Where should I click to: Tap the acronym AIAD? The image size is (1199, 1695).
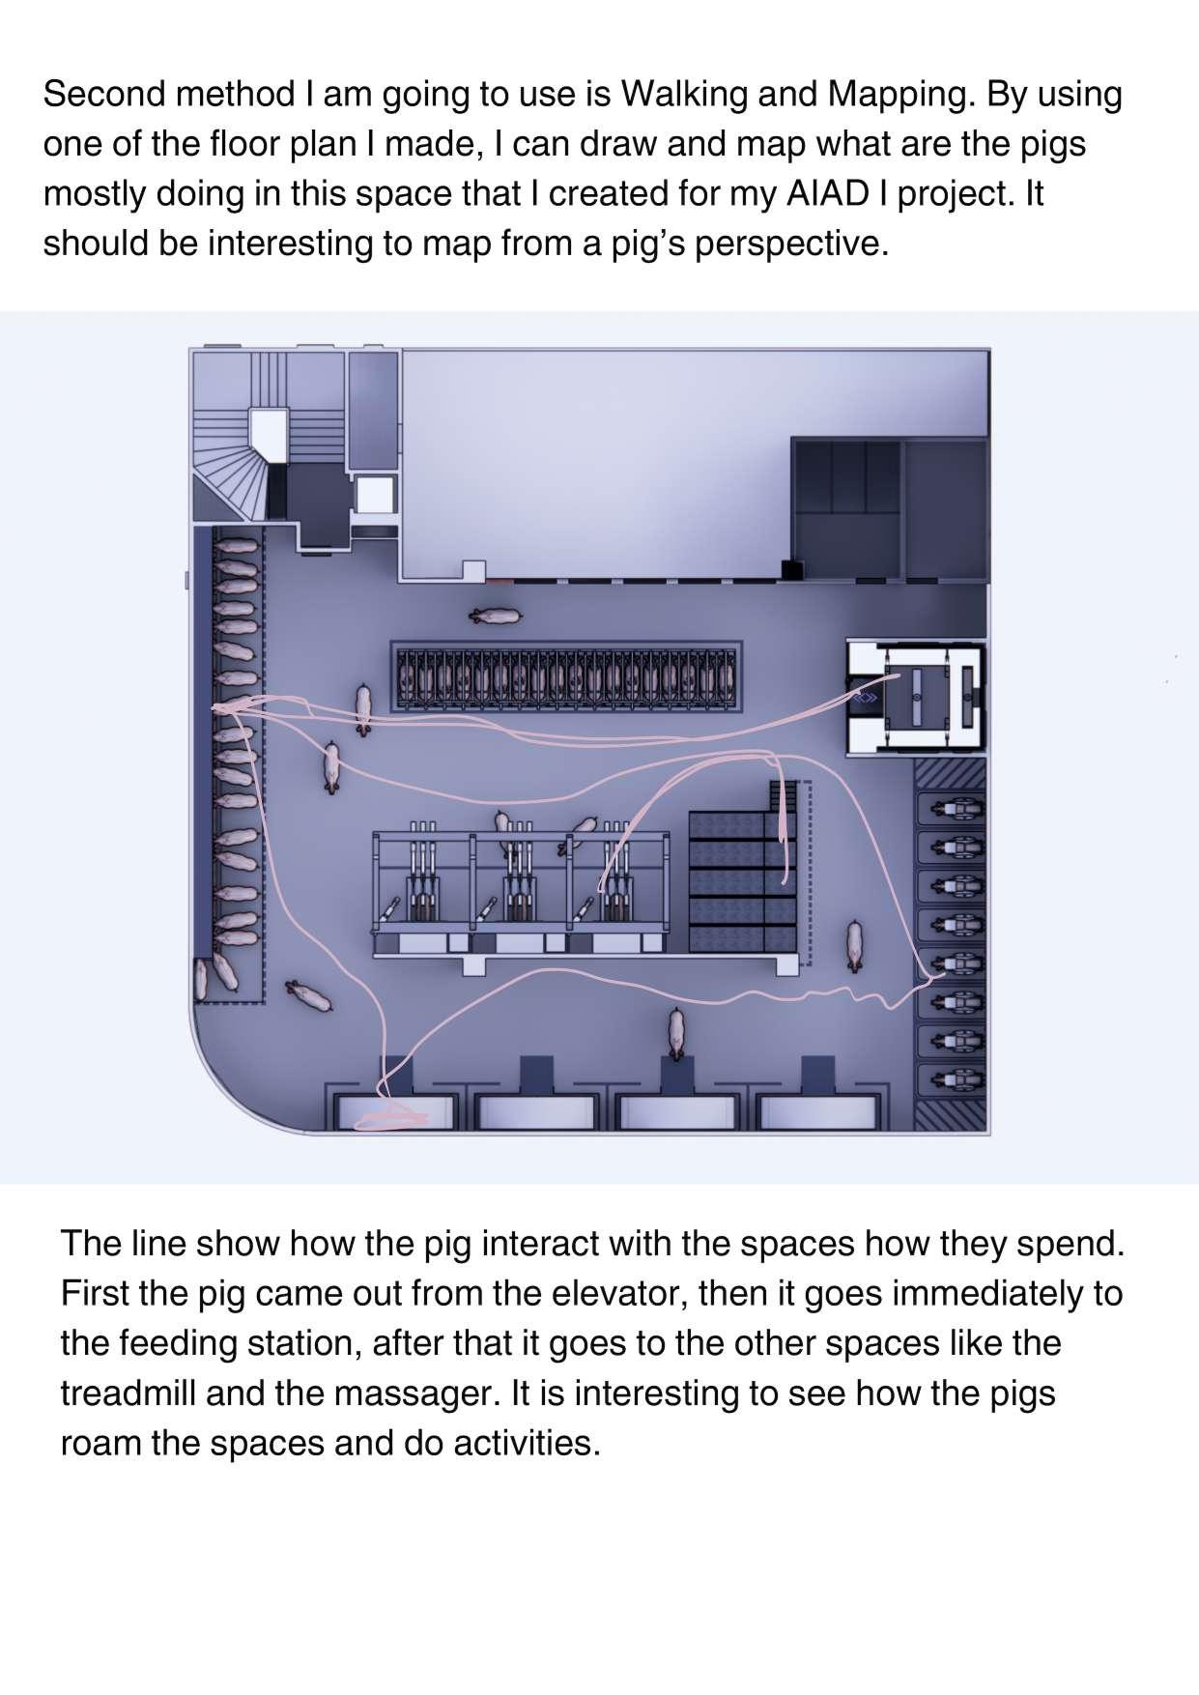831,194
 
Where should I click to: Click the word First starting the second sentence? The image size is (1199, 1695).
95,1293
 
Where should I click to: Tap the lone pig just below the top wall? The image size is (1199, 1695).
495,615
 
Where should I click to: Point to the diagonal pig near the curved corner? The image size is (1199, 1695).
309,996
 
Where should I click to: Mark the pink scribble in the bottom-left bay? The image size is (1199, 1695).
391,1117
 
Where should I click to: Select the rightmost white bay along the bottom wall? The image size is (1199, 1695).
820,1112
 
